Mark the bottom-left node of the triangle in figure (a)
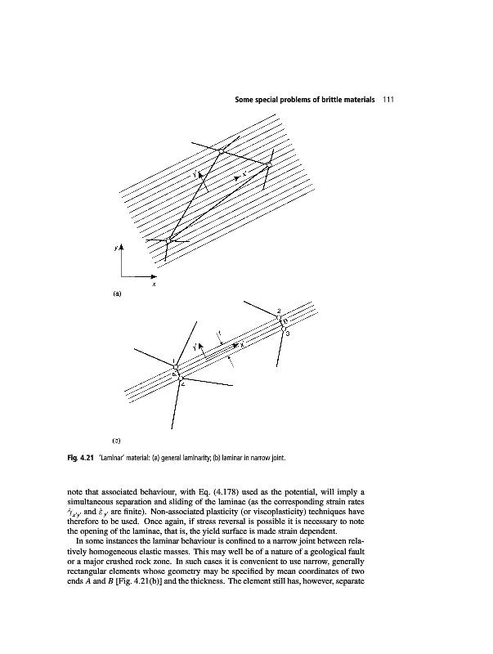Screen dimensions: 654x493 [x=168, y=240]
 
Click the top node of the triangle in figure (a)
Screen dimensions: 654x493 [x=222, y=151]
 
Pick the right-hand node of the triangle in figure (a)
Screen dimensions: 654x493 [x=268, y=166]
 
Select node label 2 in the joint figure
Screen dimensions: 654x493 [x=279, y=311]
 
